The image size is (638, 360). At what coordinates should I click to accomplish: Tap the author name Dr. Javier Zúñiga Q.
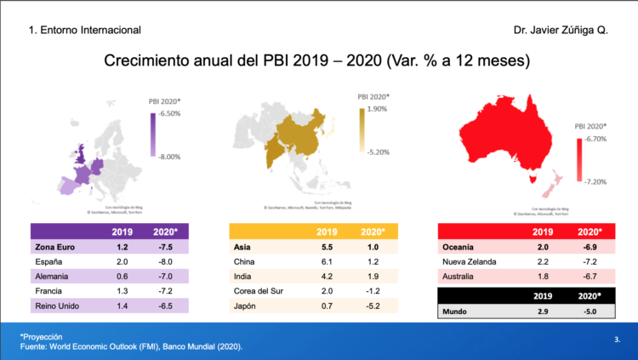pyautogui.click(x=561, y=30)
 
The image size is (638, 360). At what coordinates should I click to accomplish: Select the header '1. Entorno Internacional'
pyautogui.click(x=85, y=30)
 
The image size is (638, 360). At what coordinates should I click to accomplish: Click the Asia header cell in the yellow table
pyautogui.click(x=243, y=247)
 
